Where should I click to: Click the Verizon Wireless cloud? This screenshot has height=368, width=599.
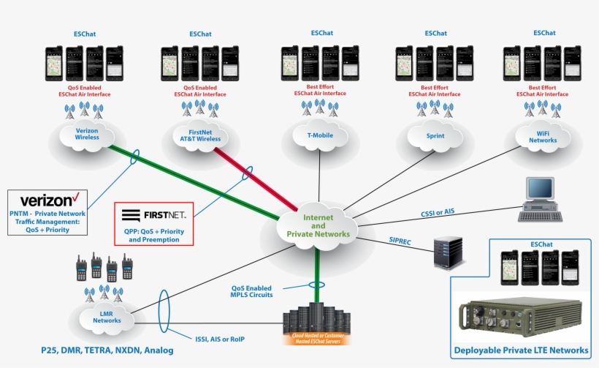click(x=86, y=135)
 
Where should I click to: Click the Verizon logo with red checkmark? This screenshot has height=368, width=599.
click(x=50, y=200)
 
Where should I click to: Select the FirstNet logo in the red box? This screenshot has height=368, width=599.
click(x=153, y=215)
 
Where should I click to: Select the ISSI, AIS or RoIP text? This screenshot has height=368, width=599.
click(x=222, y=338)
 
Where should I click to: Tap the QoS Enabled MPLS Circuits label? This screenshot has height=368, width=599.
click(x=253, y=290)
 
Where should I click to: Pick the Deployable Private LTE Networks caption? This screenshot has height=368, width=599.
click(x=521, y=350)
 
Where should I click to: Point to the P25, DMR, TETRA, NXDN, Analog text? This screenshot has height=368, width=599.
click(x=107, y=350)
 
